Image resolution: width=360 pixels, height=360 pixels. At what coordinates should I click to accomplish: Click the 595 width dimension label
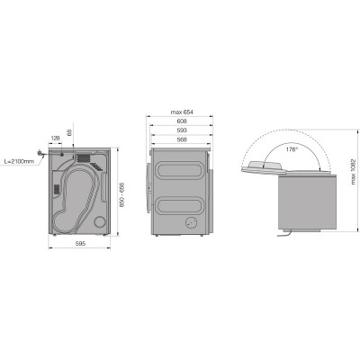pyautogui.click(x=80, y=244)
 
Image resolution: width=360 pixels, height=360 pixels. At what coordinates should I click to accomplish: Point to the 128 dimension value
pyautogui.click(x=56, y=139)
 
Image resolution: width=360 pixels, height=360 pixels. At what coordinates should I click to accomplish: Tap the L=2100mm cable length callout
pyautogui.click(x=19, y=161)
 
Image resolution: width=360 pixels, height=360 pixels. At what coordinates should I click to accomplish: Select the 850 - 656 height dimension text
pyautogui.click(x=121, y=194)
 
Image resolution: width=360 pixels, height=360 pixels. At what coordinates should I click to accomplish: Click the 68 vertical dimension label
pyautogui.click(x=69, y=133)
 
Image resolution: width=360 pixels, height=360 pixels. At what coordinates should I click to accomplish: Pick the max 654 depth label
pyautogui.click(x=182, y=112)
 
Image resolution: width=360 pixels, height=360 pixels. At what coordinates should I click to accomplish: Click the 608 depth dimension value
pyautogui.click(x=182, y=121)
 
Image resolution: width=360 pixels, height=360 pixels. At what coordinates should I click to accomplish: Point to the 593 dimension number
pyautogui.click(x=182, y=130)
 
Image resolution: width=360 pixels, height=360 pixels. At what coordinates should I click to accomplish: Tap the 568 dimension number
pyautogui.click(x=182, y=139)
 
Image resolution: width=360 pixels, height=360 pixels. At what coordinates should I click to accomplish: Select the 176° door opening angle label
pyautogui.click(x=292, y=149)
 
